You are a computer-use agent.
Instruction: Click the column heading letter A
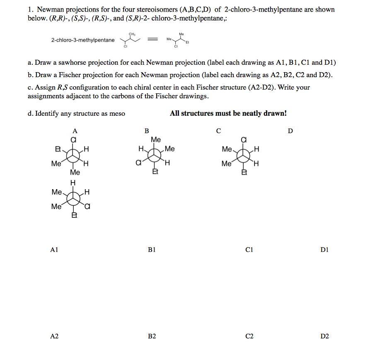point(75,131)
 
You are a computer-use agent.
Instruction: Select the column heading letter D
point(290,131)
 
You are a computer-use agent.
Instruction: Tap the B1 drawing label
point(152,250)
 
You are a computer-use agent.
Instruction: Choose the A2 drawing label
point(54,336)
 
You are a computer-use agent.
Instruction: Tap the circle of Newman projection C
point(243,156)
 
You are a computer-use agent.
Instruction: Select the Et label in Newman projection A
point(58,148)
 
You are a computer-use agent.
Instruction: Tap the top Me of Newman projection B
point(156,139)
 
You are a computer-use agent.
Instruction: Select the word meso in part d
point(117,114)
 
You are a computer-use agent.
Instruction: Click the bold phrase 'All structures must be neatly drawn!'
point(228,113)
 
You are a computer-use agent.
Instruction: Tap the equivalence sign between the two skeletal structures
point(153,40)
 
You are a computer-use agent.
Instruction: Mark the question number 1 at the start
point(30,9)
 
